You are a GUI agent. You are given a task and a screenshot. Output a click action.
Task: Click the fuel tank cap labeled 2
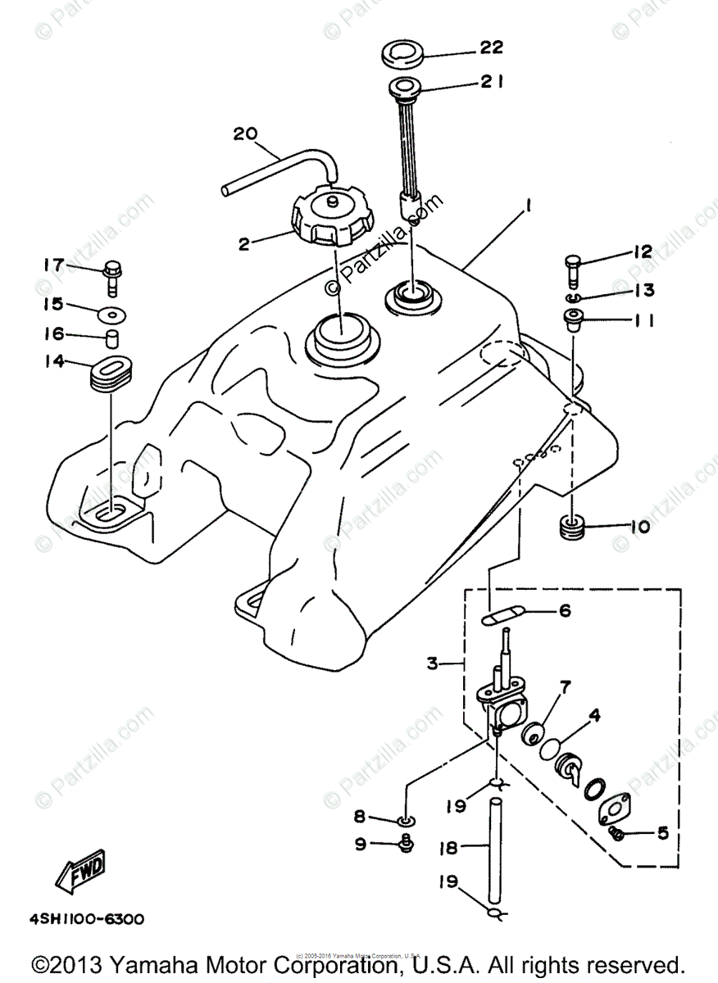pos(331,219)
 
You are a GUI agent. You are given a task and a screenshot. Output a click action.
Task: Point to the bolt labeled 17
pos(113,277)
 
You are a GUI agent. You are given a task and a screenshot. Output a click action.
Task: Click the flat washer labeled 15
pos(112,313)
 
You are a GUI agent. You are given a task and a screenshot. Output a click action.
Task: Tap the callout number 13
pos(643,290)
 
